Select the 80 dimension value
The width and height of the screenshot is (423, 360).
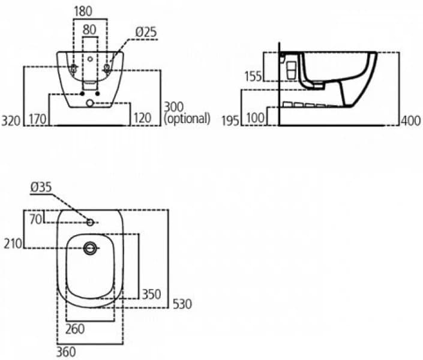coord(89,28)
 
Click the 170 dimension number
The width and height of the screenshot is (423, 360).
coord(37,119)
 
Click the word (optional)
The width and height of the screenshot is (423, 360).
coord(187,119)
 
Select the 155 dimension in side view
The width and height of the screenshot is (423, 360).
coord(253,76)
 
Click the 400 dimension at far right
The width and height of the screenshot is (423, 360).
coord(410,121)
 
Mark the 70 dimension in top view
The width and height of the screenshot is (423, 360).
coord(37,220)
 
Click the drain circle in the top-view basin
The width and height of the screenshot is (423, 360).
coord(91,247)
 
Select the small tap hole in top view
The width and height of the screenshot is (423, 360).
coord(90,223)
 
